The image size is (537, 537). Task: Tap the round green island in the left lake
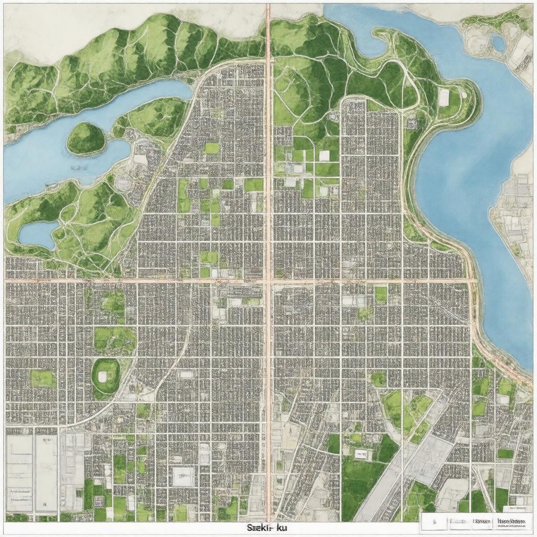pyautogui.click(x=85, y=138)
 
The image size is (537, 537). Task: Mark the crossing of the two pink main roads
pyautogui.click(x=268, y=282)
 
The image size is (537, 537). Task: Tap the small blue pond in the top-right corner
pyautogui.click(x=498, y=43)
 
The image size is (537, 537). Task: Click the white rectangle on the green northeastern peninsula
pyautogui.click(x=444, y=97)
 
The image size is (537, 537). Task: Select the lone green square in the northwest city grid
pyautogui.click(x=212, y=148)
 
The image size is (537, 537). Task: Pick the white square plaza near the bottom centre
pyautogui.click(x=183, y=476)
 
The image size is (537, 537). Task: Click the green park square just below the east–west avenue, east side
pyautogui.click(x=381, y=294)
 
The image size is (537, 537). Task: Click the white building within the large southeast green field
pyautogui.click(x=360, y=455)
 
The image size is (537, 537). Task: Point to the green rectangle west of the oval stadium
pyautogui.click(x=43, y=379)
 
